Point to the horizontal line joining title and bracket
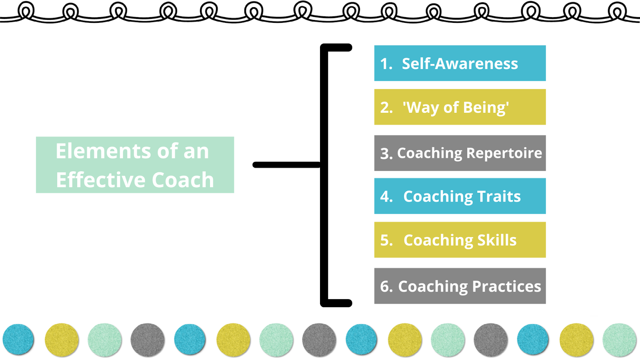[286, 165]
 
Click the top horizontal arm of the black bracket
[338, 48]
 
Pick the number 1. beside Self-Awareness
[386, 64]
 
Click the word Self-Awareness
[460, 64]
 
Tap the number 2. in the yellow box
[386, 108]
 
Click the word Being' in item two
[486, 108]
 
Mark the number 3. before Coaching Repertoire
[386, 154]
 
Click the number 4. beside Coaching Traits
[386, 197]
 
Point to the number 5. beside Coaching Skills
[386, 240]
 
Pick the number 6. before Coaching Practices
[386, 286]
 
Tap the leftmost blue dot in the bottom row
[18, 340]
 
